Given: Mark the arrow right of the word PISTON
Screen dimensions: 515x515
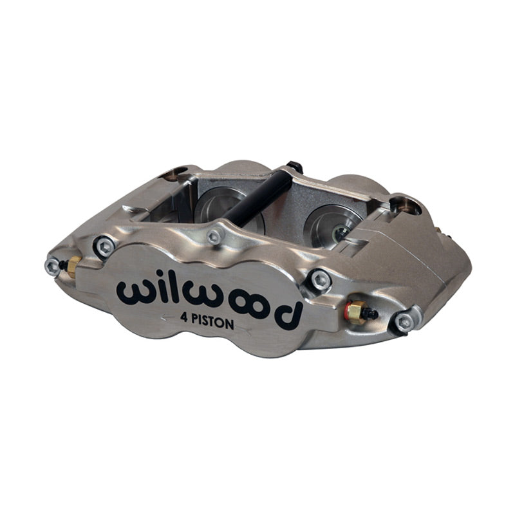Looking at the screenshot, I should click(243, 329).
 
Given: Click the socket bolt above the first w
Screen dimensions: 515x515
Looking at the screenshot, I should click(104, 245).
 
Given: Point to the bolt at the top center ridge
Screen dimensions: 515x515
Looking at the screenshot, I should click(216, 236).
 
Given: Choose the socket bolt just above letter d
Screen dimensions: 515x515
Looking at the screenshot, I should click(319, 279).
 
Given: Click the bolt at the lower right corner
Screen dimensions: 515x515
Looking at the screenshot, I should click(404, 322).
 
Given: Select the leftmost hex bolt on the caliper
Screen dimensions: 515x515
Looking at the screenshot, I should click(53, 265).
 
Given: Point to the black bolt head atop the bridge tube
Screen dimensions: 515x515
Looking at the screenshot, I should click(295, 167).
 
